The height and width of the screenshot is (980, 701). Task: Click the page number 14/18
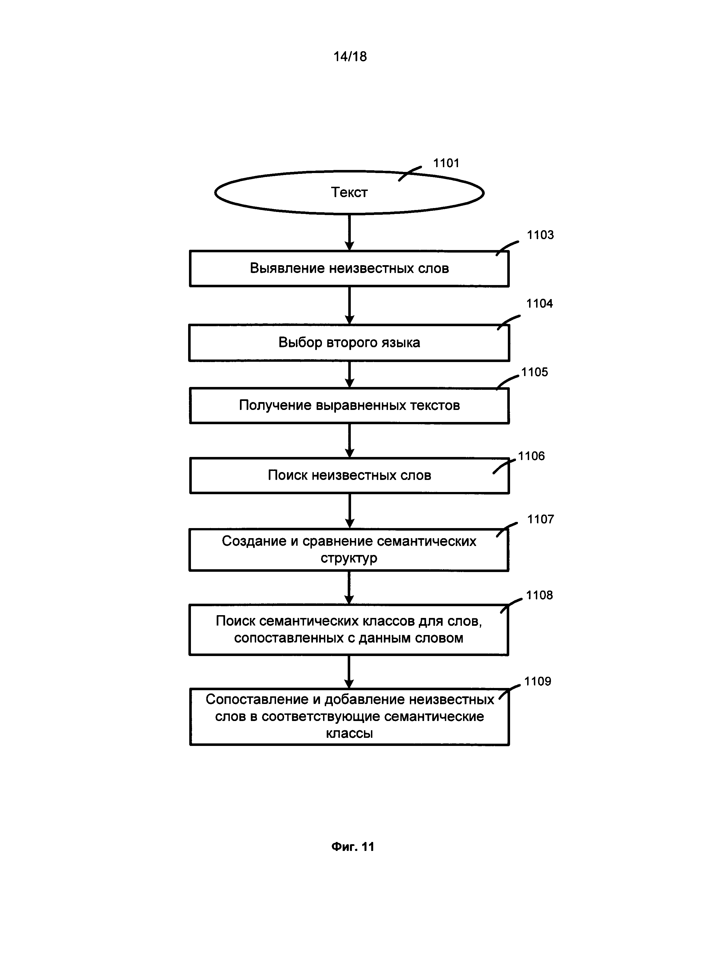tap(350, 57)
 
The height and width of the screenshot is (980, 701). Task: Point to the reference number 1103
tap(540, 235)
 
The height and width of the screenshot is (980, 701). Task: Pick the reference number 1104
tap(539, 304)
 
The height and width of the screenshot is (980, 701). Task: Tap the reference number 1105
tap(534, 372)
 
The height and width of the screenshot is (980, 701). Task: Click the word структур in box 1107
tap(349, 558)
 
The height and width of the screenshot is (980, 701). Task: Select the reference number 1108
tap(539, 595)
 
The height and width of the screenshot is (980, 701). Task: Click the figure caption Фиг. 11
tap(353, 847)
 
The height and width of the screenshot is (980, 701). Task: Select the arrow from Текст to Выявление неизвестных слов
tap(350, 232)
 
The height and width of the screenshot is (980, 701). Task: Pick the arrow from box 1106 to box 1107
tap(350, 511)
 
